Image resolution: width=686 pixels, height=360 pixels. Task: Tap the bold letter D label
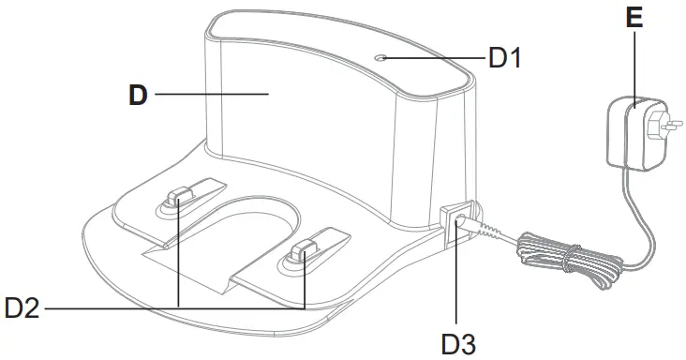138,96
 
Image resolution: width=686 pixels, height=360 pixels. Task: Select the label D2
22,307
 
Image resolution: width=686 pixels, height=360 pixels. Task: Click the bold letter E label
634,18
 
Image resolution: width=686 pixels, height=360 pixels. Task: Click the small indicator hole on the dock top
380,57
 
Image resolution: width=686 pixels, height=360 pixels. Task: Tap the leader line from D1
436,57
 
